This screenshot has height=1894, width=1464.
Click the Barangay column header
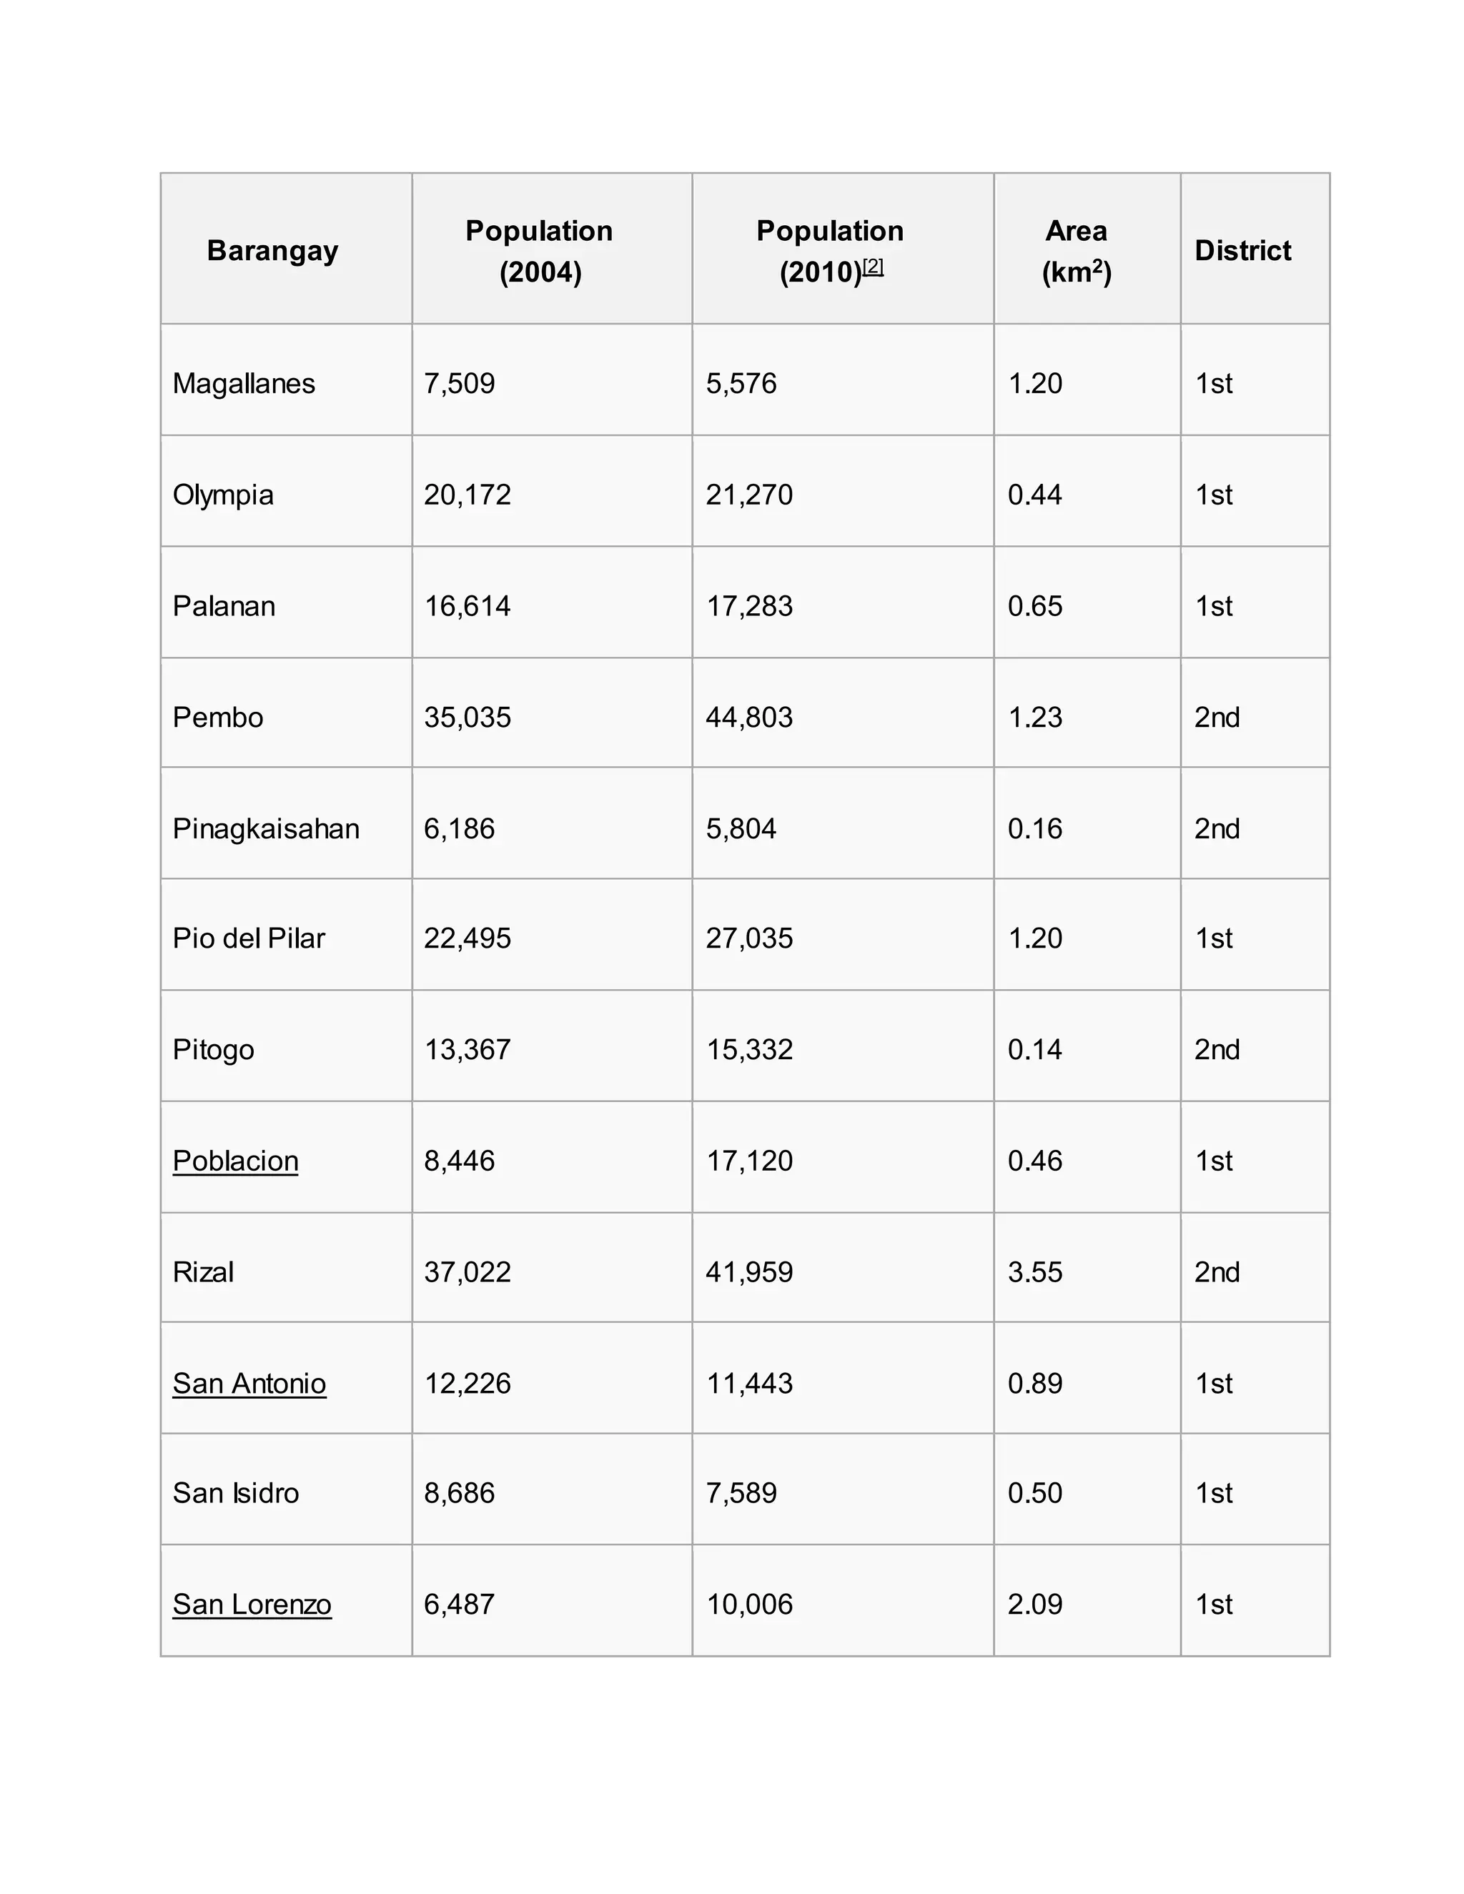click(272, 251)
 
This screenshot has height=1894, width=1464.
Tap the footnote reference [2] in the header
click(873, 267)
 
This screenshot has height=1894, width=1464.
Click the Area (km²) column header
click(1077, 251)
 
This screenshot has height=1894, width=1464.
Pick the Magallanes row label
click(244, 383)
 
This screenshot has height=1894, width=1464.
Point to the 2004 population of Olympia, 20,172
click(468, 495)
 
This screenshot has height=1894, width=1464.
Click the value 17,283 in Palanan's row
click(749, 605)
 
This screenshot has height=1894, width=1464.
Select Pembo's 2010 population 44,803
click(749, 717)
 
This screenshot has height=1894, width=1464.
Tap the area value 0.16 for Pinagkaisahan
click(1034, 828)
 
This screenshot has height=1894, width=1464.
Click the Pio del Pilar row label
click(249, 938)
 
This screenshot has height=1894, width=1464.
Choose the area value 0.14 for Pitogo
click(1034, 1049)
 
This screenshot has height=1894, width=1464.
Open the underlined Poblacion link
click(235, 1160)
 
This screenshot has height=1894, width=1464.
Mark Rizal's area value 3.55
click(1034, 1272)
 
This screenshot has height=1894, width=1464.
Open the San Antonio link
click(249, 1383)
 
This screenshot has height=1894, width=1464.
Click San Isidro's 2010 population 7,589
click(741, 1492)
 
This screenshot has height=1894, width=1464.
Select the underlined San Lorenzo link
click(252, 1605)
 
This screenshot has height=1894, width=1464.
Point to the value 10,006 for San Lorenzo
click(749, 1605)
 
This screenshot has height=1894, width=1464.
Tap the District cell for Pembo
click(1217, 717)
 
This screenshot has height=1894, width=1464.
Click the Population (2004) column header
click(540, 251)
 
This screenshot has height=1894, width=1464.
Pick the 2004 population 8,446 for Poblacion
click(459, 1160)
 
